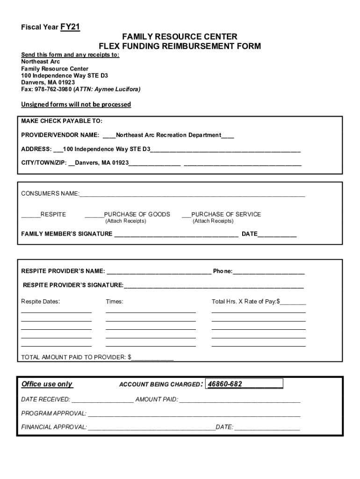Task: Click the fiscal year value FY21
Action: point(70,27)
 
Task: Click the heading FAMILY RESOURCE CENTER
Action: point(180,36)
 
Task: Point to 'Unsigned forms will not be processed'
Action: point(76,104)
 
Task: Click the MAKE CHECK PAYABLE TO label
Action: point(62,121)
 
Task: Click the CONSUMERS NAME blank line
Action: point(192,194)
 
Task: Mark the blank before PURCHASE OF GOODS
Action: point(94,215)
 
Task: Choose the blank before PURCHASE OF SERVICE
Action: point(187,215)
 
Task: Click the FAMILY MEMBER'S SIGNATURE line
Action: point(176,234)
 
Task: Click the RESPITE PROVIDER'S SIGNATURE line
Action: point(214,285)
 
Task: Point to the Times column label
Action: point(115,302)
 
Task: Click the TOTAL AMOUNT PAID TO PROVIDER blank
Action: point(152,358)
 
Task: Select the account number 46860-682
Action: point(225,385)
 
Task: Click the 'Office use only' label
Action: point(47,385)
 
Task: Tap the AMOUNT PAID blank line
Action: point(239,400)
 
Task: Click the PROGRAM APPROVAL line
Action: point(194,414)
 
